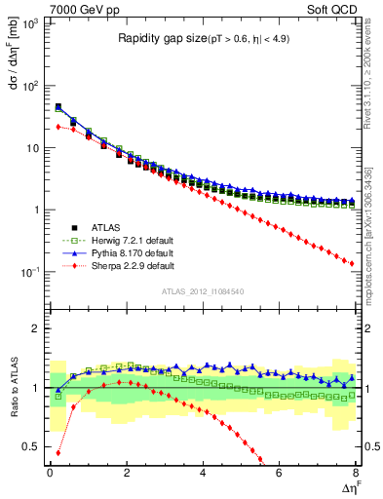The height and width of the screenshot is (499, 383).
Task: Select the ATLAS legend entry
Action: click(x=109, y=224)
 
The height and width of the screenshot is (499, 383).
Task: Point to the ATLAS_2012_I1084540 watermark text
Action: click(x=203, y=291)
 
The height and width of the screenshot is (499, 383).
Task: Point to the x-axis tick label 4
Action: click(x=203, y=472)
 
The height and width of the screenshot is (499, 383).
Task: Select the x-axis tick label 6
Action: click(x=279, y=472)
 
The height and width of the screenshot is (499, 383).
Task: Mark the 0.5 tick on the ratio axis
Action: click(x=31, y=447)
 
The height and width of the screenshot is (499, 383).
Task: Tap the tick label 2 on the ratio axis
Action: click(x=35, y=328)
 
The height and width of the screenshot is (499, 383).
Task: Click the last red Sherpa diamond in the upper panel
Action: click(x=351, y=263)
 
